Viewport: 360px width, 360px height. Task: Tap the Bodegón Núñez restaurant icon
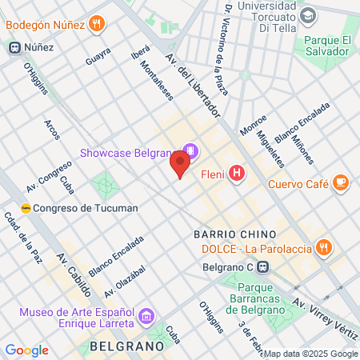(97, 23)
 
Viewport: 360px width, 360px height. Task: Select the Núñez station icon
(14, 47)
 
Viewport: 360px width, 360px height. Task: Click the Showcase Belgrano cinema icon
(190, 150)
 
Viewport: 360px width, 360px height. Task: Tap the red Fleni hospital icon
(237, 172)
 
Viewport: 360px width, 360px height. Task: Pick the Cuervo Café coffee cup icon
(341, 183)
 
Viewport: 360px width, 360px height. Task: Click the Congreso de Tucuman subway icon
(26, 208)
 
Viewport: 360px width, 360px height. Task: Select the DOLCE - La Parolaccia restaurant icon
(323, 247)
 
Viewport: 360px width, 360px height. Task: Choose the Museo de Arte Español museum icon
(146, 316)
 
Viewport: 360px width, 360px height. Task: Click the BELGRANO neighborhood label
(129, 346)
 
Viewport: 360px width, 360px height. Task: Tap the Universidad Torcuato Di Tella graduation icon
(307, 15)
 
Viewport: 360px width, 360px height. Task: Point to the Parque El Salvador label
(325, 46)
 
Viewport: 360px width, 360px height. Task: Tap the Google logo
(26, 350)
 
